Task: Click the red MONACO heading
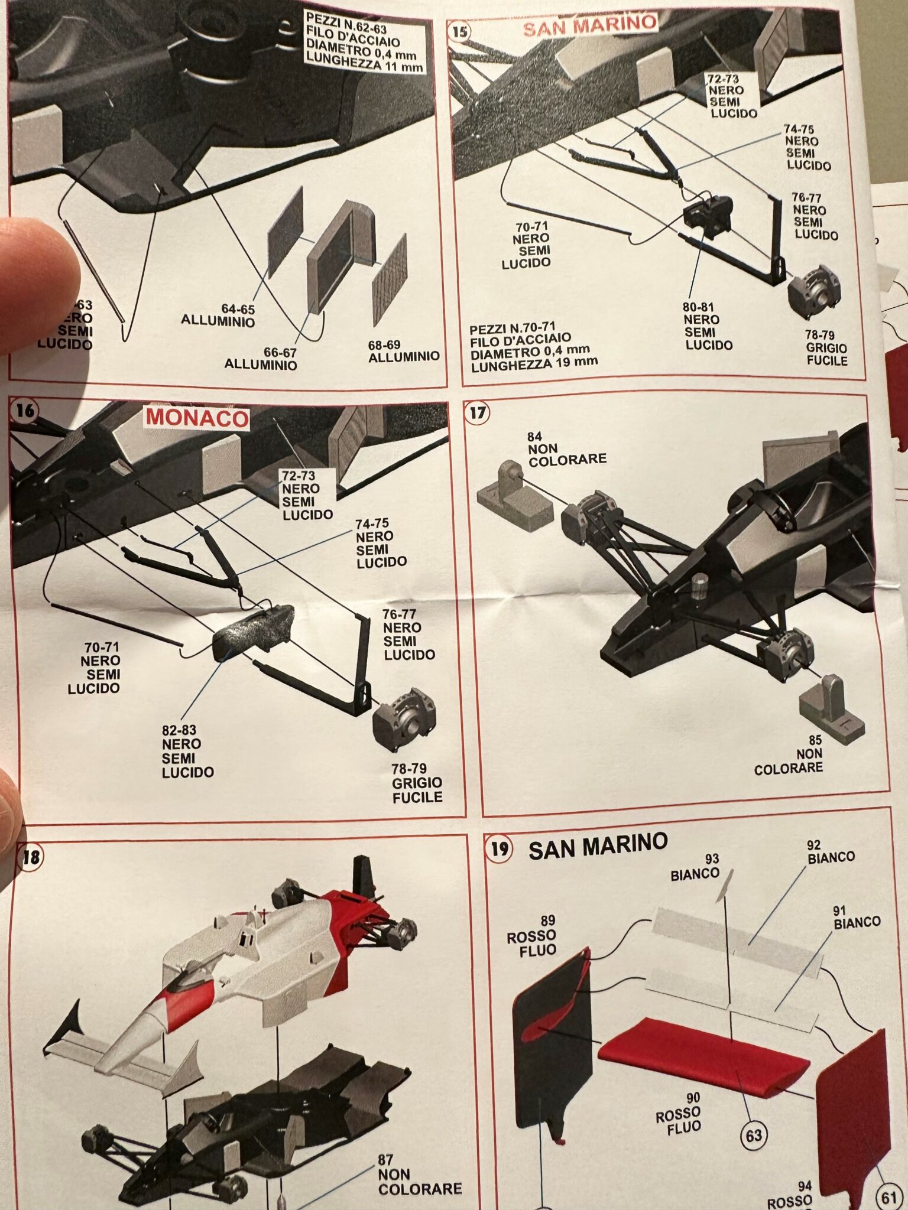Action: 197,418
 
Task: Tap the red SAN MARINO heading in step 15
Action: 590,25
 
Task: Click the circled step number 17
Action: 477,412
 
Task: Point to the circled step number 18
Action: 30,857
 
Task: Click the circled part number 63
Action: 754,1135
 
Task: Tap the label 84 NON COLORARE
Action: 566,450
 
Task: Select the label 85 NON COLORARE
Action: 790,755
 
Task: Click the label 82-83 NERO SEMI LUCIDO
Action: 186,752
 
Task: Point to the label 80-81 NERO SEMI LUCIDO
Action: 707,326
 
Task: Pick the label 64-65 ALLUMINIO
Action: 218,315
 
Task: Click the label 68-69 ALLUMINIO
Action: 403,351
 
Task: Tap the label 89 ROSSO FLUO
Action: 532,936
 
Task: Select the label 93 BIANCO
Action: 695,867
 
